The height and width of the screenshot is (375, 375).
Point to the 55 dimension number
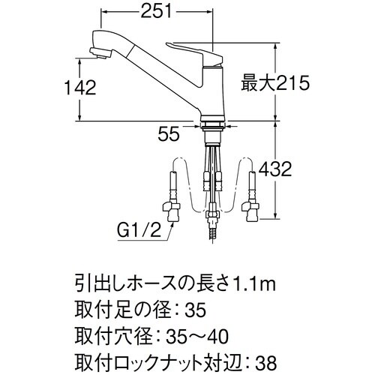click(169, 135)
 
